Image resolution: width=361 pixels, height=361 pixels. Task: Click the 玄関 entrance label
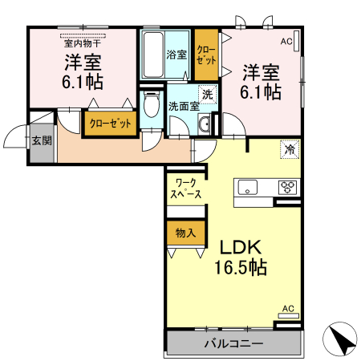pyautogui.click(x=42, y=140)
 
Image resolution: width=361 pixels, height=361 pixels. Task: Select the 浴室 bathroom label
pyautogui.click(x=176, y=55)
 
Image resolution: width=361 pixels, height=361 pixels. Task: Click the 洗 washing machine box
pyautogui.click(x=207, y=94)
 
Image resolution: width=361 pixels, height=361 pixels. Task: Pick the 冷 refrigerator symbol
pyautogui.click(x=289, y=148)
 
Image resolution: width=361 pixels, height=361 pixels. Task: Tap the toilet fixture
pyautogui.click(x=150, y=106)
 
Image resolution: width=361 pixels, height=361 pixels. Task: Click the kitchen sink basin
pyautogui.click(x=247, y=188)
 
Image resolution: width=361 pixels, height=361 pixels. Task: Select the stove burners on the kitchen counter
pyautogui.click(x=288, y=188)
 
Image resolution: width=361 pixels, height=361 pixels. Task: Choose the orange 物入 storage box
pyautogui.click(x=185, y=233)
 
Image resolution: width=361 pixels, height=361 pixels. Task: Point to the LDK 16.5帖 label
pyautogui.click(x=238, y=256)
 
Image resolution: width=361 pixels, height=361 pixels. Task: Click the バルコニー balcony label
pyautogui.click(x=233, y=344)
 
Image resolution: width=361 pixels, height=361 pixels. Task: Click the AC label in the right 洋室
pyautogui.click(x=286, y=40)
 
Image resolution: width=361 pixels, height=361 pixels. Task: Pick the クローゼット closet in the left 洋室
pyautogui.click(x=109, y=123)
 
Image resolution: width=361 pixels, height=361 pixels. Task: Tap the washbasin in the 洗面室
pyautogui.click(x=205, y=123)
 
